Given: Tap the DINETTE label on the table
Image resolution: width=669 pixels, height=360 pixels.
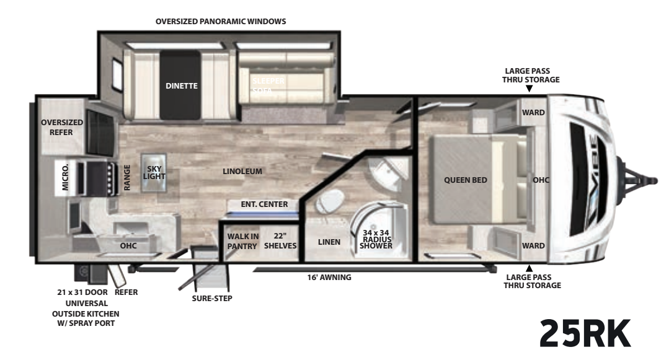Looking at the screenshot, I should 181,86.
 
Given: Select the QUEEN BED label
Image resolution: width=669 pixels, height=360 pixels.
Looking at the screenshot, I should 466,180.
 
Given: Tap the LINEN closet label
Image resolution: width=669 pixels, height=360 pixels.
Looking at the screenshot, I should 329,242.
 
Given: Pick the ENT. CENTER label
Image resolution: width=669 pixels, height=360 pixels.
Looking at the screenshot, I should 265,204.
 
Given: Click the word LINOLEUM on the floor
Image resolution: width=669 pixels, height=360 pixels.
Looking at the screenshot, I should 243,171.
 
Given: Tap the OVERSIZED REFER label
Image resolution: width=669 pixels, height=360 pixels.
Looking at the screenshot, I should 57,128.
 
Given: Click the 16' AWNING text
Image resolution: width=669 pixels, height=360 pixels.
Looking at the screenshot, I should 329,277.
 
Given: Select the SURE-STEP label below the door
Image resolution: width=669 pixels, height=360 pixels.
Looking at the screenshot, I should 212,297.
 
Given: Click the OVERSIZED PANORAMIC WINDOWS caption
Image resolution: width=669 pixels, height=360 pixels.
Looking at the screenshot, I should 221,21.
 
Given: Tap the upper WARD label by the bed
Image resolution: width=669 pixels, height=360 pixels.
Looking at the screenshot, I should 533,113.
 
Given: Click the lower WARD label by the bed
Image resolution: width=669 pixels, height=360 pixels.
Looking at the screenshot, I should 533,245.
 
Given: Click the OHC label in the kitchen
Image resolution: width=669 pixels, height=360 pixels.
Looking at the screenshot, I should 128,245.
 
